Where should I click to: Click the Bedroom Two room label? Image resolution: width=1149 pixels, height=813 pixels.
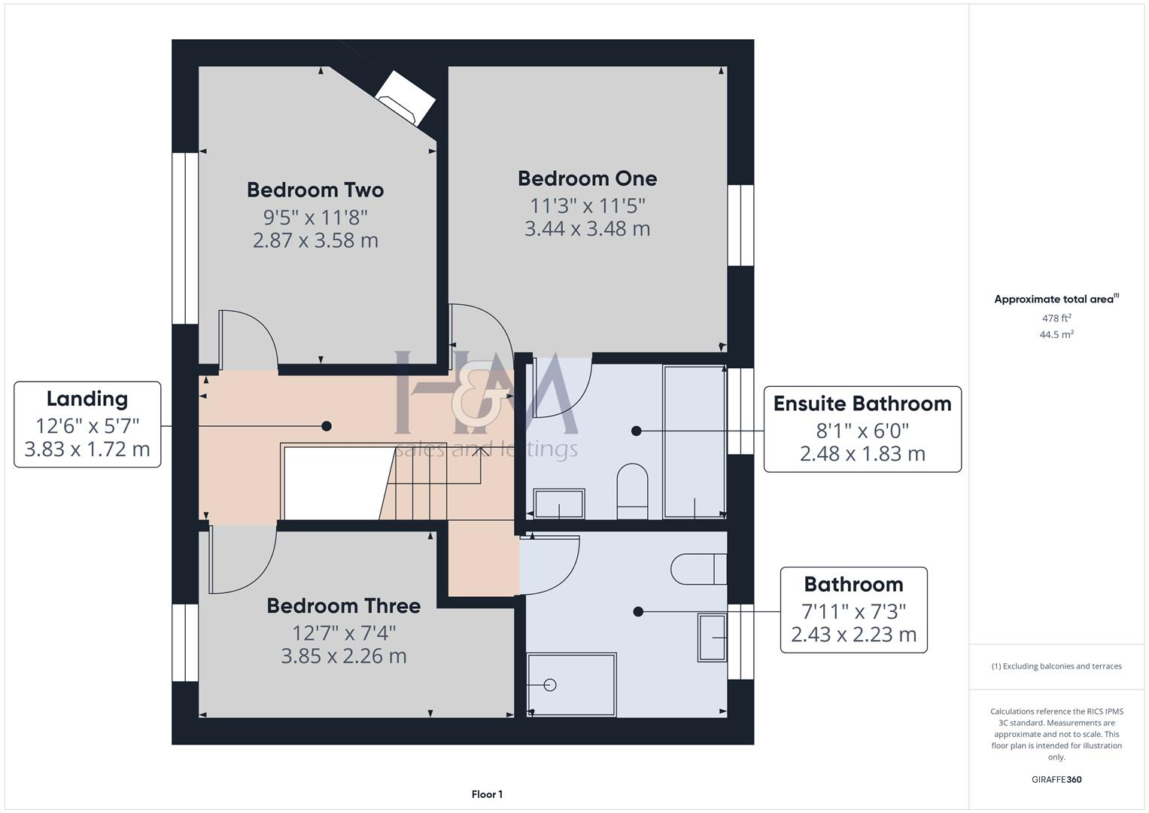point(315,190)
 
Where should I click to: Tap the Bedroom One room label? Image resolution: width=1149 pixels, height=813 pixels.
point(587,178)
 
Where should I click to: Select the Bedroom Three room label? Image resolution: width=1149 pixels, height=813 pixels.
point(343,605)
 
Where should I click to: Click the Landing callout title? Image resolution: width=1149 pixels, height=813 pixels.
point(87,399)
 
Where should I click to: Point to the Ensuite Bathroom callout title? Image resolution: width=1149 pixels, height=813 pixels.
point(862,403)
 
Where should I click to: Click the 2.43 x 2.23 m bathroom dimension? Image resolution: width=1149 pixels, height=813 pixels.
point(853,635)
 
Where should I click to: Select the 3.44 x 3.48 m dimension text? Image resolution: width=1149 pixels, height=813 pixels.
point(587,228)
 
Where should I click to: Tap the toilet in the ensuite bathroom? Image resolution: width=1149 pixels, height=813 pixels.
point(632,489)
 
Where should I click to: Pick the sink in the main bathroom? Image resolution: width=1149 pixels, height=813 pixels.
point(712,638)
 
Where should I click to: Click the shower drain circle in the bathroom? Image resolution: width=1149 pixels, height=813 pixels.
point(549,685)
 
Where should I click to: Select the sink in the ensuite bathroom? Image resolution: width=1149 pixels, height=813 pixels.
point(558,503)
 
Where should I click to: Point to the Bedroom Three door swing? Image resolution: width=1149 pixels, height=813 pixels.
point(241,561)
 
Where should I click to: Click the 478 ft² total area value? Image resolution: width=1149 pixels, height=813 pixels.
point(1056,318)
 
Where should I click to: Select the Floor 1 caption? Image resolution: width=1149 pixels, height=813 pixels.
point(487,794)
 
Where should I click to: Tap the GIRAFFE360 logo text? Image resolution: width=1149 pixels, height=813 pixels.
point(1056,779)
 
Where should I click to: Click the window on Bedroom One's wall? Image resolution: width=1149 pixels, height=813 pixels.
point(740,225)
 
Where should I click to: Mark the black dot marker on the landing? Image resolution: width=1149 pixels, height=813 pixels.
point(327,426)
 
